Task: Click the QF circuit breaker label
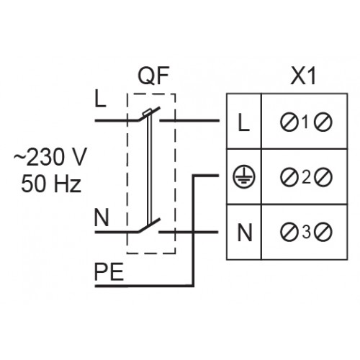153,76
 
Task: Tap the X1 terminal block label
303,76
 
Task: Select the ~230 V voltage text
50,157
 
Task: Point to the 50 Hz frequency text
51,184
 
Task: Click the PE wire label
109,272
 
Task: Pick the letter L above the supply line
100,99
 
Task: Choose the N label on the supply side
102,217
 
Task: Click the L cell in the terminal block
243,122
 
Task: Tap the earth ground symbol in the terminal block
244,176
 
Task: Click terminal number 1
305,122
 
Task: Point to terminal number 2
306,178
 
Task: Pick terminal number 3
306,233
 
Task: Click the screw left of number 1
289,122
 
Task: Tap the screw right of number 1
323,122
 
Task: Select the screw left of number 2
289,178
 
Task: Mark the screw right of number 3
323,233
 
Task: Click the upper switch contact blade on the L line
149,114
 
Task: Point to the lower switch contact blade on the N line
149,225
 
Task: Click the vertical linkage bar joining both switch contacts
149,168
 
